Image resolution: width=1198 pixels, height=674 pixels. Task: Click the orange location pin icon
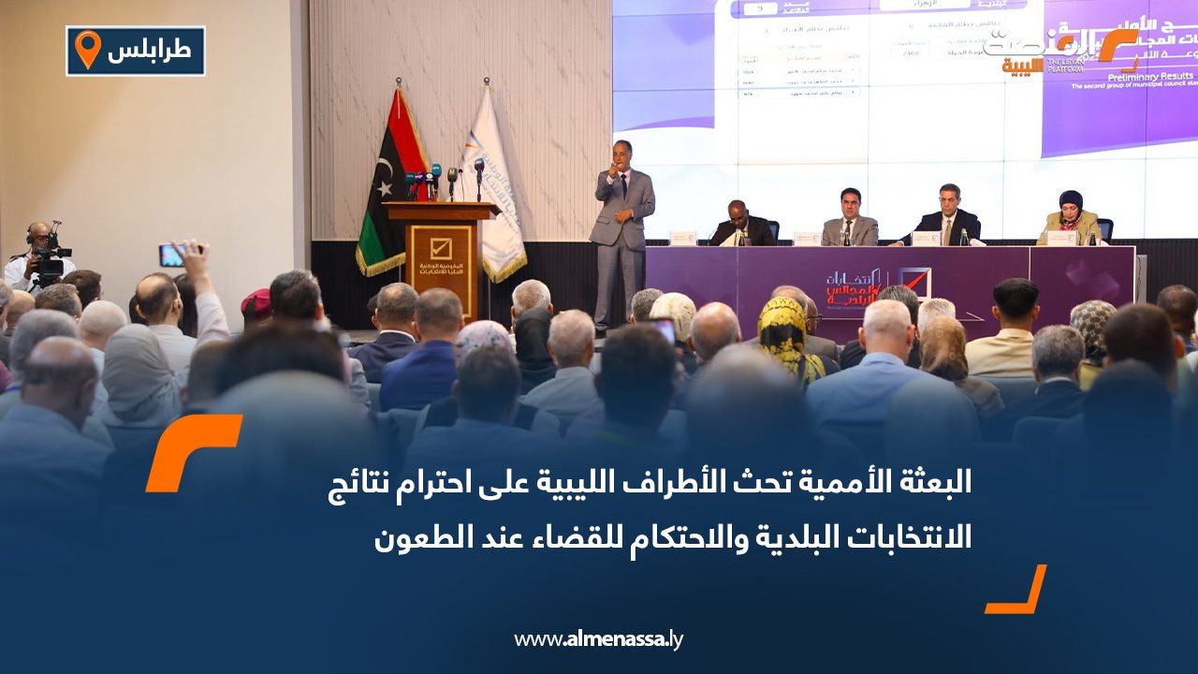click(87, 49)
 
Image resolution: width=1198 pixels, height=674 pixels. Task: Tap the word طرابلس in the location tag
click(149, 51)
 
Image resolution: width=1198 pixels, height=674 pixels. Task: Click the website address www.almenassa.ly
click(598, 639)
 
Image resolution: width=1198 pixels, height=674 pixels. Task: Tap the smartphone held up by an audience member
click(171, 255)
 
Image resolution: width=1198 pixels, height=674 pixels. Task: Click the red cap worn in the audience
click(256, 301)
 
